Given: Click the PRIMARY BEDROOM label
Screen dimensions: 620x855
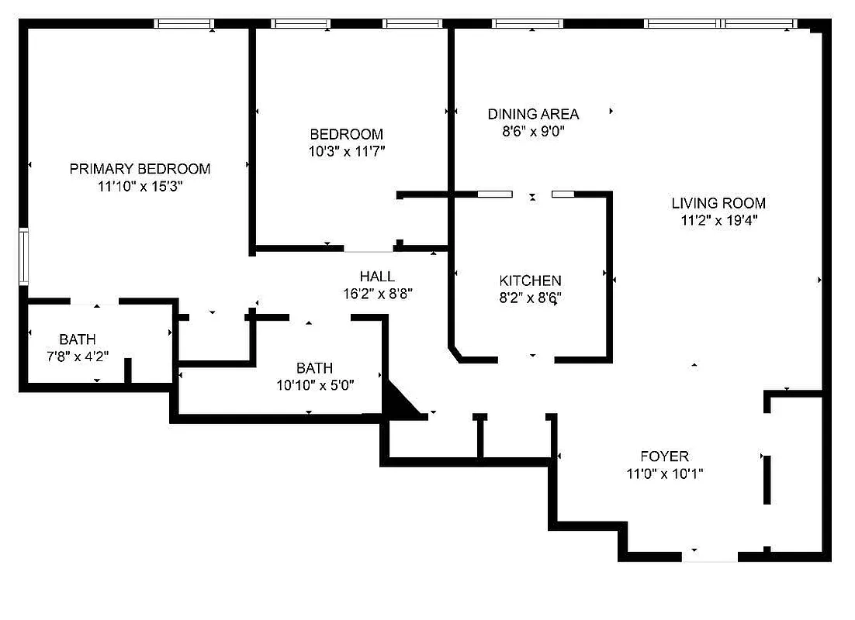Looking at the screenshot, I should (x=140, y=169).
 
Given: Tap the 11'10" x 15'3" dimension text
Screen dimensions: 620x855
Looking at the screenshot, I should (x=140, y=187).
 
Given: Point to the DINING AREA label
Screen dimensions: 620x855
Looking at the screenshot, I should (x=533, y=115).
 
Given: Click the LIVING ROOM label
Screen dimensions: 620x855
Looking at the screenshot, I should (x=718, y=204).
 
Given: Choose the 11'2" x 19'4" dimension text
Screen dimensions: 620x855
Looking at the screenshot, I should (x=718, y=220).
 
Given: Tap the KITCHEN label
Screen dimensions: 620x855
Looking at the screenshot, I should (x=530, y=281).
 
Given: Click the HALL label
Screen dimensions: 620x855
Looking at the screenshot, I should (x=377, y=277).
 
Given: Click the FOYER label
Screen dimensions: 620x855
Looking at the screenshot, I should (x=664, y=456).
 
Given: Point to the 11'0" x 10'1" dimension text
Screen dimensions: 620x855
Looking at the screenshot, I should (x=664, y=474).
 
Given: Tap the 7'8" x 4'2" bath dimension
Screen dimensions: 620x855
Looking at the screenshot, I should (x=78, y=356).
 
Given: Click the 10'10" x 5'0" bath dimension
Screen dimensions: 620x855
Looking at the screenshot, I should (x=315, y=385).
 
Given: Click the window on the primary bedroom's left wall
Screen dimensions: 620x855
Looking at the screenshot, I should (x=24, y=257).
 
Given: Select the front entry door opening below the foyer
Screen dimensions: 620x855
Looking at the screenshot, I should (x=710, y=556).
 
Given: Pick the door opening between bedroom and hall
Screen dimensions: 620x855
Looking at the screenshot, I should (x=369, y=250).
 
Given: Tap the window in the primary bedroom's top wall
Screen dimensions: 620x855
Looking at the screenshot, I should (x=184, y=24).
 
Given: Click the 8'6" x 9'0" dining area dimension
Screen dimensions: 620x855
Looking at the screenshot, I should (x=533, y=132).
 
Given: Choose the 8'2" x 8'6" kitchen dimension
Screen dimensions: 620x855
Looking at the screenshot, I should (x=530, y=298).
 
